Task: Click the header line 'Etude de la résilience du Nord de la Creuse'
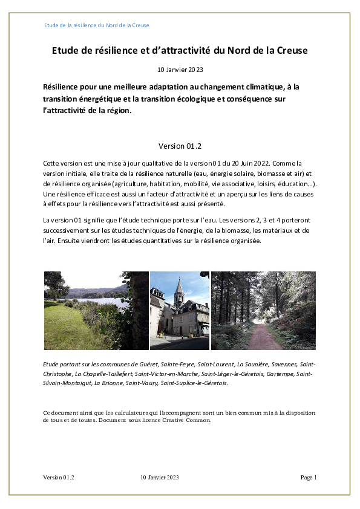tap(97, 25)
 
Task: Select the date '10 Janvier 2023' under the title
tap(180, 70)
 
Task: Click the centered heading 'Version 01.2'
tap(180, 146)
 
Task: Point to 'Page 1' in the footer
tap(309, 478)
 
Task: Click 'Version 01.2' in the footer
tap(59, 478)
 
